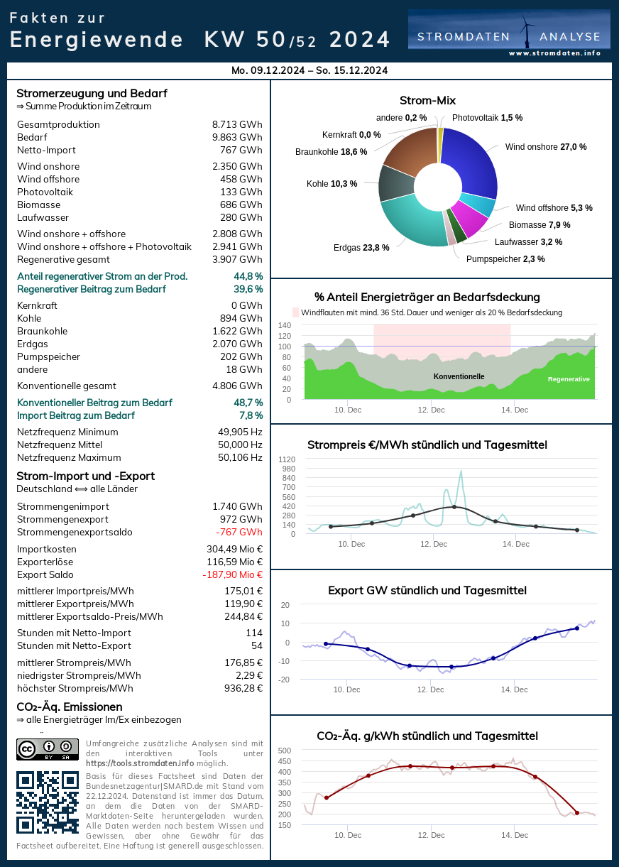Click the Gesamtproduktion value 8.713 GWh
(x=237, y=124)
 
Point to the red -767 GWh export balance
(x=239, y=532)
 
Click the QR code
(x=48, y=802)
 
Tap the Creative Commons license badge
(x=48, y=749)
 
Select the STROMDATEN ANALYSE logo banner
(x=508, y=32)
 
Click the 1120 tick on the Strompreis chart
(x=287, y=459)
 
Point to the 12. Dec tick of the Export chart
(x=431, y=689)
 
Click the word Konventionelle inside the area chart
(x=459, y=376)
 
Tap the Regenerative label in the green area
(x=569, y=379)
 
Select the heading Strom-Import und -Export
(x=85, y=476)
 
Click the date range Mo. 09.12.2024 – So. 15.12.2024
(x=309, y=70)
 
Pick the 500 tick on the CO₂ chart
(x=285, y=751)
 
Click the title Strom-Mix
(x=427, y=100)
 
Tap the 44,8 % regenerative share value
(x=248, y=276)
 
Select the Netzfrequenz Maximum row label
(x=69, y=457)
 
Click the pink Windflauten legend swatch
(x=296, y=312)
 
